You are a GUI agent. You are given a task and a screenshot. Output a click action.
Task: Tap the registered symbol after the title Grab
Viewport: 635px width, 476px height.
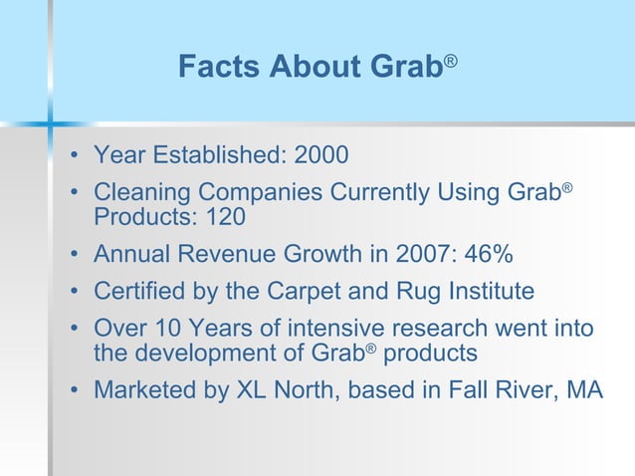click(451, 62)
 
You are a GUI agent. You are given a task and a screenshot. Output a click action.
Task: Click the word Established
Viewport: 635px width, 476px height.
click(208, 155)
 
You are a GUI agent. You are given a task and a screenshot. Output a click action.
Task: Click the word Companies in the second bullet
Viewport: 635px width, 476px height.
click(272, 192)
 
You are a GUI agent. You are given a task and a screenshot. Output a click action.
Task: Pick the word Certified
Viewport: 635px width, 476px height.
click(137, 291)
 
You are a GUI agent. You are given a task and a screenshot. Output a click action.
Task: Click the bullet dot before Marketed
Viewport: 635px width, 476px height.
click(75, 389)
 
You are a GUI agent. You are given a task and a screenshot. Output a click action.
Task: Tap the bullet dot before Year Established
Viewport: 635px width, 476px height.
click(75, 156)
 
